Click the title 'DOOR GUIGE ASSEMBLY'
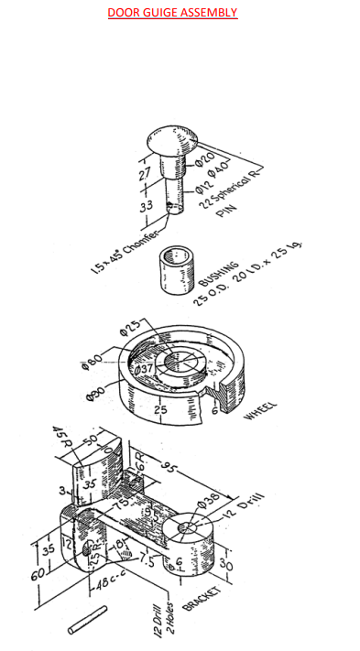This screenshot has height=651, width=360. click(172, 13)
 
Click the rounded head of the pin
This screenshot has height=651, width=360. click(169, 143)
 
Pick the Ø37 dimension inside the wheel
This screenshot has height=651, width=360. click(145, 370)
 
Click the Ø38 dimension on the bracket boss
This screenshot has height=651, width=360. click(209, 499)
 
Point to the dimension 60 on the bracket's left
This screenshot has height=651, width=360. click(36, 575)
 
